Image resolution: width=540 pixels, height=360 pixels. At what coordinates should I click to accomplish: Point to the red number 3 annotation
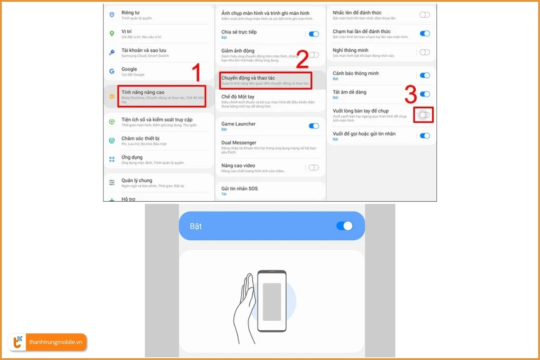tap(410, 95)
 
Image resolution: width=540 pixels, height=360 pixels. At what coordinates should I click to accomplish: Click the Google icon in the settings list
tap(112, 71)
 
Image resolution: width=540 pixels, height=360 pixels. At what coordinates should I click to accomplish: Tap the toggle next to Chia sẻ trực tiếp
tap(314, 34)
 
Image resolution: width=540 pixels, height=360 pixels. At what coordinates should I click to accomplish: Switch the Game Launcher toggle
tap(314, 126)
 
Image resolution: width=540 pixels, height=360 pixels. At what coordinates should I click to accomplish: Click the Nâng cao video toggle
tap(314, 168)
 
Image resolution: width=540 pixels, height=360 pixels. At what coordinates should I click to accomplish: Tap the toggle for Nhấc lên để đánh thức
tap(424, 15)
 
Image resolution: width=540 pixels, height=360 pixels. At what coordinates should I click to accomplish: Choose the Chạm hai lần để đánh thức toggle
tap(424, 34)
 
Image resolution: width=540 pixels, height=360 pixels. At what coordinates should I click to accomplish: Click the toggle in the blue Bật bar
tap(345, 226)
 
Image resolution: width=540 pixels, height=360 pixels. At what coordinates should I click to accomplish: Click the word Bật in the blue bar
tap(196, 226)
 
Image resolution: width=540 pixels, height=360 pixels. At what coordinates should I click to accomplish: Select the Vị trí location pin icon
tap(112, 34)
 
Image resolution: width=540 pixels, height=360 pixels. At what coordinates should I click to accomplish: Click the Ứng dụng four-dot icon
tap(112, 159)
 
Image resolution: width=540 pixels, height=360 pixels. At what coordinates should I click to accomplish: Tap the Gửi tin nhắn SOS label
tap(239, 189)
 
